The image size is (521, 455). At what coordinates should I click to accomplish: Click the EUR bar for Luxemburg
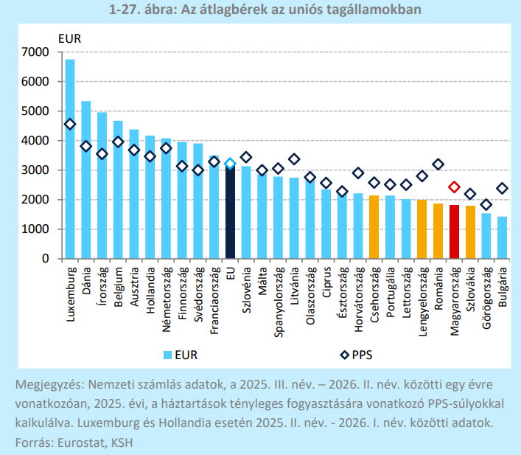[70, 159]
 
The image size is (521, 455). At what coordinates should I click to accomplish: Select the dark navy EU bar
[230, 212]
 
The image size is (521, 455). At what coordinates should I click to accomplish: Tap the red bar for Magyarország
[454, 232]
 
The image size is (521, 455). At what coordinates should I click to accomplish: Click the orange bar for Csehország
[374, 227]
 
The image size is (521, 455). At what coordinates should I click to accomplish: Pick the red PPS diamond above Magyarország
[454, 187]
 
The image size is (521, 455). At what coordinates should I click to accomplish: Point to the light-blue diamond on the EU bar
[230, 163]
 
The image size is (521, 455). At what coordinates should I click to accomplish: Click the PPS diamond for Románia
[438, 164]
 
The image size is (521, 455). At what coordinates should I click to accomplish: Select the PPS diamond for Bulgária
[503, 188]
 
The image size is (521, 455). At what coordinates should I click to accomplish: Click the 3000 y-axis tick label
[35, 170]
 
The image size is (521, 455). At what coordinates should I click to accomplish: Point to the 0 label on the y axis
[46, 258]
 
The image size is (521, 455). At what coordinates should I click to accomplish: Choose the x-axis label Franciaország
[214, 300]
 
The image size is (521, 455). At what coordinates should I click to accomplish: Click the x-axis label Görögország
[486, 298]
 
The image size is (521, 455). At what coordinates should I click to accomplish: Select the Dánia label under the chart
[86, 281]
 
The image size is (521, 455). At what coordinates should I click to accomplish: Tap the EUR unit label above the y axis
[69, 39]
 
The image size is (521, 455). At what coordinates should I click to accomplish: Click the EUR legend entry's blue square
[168, 355]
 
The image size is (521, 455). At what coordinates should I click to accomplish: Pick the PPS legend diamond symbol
[345, 355]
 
